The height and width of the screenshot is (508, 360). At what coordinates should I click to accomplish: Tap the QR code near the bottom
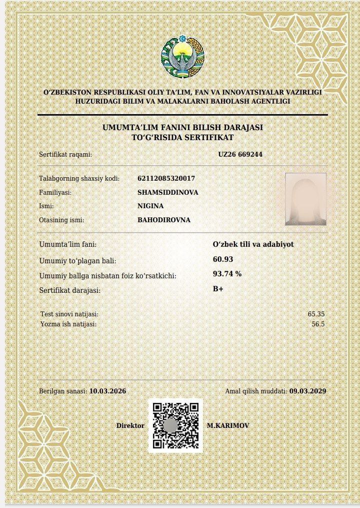[x=176, y=425]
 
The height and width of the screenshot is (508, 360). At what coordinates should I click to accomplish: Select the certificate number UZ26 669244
[x=240, y=154]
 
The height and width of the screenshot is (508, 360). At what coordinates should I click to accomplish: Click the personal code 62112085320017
[x=166, y=178]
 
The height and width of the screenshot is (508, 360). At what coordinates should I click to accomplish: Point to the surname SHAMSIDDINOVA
[x=167, y=192]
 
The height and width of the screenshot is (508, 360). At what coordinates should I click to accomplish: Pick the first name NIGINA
[x=150, y=206]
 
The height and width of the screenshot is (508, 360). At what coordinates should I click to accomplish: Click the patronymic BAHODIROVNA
[x=163, y=220]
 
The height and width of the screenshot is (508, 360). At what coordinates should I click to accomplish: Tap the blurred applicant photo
[x=305, y=199]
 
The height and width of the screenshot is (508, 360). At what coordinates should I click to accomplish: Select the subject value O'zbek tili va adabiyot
[x=253, y=244]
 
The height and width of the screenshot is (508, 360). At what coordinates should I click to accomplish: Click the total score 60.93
[x=223, y=259]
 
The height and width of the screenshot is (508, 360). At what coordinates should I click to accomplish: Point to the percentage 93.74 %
[x=227, y=274]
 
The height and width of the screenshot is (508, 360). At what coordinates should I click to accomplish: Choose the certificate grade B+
[x=218, y=289]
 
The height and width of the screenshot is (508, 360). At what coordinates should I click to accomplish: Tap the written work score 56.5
[x=318, y=324]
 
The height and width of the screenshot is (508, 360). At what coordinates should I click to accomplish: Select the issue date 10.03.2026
[x=107, y=391]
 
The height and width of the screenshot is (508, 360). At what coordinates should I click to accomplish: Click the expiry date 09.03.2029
[x=307, y=391]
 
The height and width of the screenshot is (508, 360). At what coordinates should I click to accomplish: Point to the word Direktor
[x=130, y=425]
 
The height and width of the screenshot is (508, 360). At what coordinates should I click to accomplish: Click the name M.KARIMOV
[x=227, y=425]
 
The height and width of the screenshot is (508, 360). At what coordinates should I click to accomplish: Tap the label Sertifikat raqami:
[x=65, y=154]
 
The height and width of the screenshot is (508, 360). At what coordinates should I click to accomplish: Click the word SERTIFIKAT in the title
[x=210, y=137]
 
